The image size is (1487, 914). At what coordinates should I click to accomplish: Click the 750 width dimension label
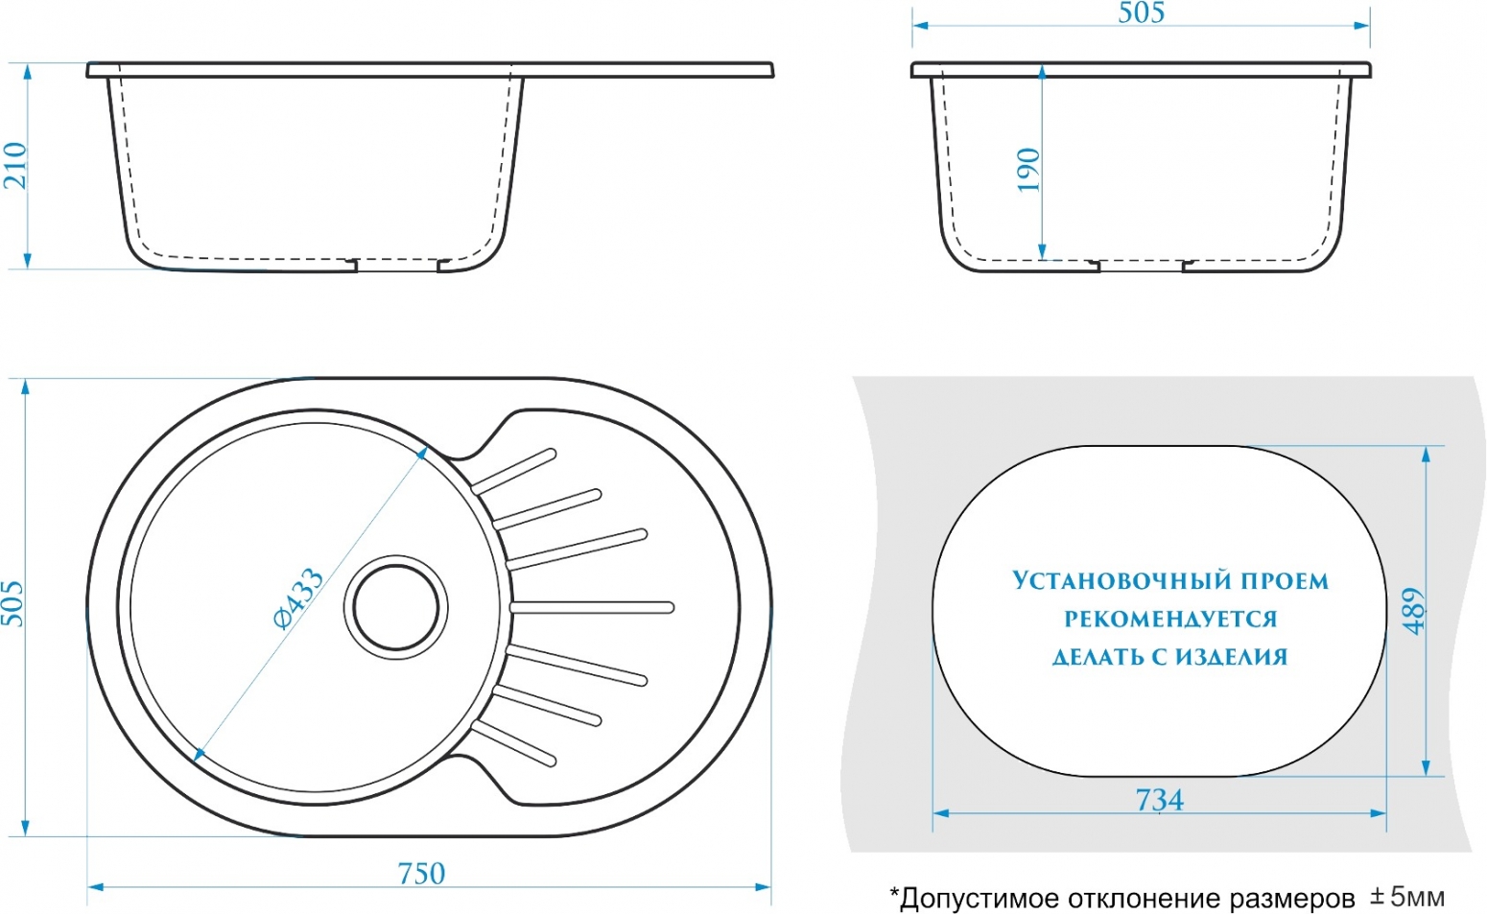(x=421, y=874)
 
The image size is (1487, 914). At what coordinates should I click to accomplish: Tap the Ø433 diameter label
(x=298, y=598)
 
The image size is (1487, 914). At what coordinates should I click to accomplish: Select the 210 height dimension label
(x=15, y=166)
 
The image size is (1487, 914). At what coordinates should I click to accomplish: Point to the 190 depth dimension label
(x=1028, y=171)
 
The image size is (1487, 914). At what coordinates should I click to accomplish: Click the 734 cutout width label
(x=1160, y=800)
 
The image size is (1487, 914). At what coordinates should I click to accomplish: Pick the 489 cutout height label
(x=1414, y=611)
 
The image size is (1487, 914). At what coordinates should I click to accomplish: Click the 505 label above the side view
(x=1141, y=13)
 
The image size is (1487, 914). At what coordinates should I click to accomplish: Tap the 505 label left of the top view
(x=13, y=604)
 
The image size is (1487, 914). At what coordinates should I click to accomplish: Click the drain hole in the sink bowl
(x=395, y=607)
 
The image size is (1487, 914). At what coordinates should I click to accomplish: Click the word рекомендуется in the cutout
(x=1171, y=619)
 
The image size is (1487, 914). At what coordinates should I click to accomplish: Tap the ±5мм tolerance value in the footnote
(x=1407, y=898)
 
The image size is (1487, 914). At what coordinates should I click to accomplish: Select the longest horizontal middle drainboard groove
(x=592, y=607)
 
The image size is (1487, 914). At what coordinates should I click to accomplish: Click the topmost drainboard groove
(x=514, y=471)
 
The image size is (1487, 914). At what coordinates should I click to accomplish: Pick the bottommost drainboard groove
(x=514, y=744)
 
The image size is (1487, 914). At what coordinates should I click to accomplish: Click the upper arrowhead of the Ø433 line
(x=421, y=454)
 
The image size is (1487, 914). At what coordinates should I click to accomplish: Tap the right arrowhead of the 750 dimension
(x=764, y=887)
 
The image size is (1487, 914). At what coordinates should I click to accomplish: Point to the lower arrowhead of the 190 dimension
(x=1042, y=251)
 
